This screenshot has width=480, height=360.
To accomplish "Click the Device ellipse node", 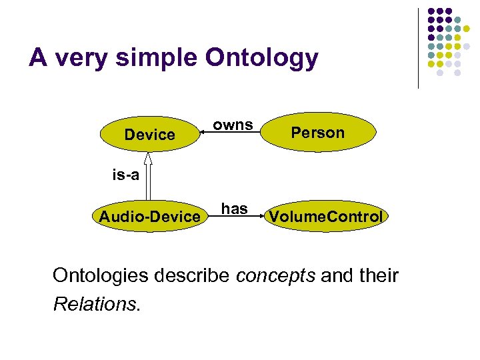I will [149, 135].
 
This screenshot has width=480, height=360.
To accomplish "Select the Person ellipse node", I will [318, 133].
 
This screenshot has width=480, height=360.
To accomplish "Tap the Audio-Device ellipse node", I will [149, 216].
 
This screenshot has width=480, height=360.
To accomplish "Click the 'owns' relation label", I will [233, 125].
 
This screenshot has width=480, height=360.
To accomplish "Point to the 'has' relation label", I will [234, 209].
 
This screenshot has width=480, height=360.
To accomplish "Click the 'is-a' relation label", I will [125, 175].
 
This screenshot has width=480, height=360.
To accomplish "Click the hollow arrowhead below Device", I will [148, 158].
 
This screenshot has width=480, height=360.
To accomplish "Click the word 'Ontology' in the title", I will [262, 58].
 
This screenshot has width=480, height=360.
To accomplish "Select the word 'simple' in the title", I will [155, 58].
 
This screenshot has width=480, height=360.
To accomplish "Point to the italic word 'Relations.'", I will [97, 305].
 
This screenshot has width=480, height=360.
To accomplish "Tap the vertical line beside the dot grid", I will [418, 48].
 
